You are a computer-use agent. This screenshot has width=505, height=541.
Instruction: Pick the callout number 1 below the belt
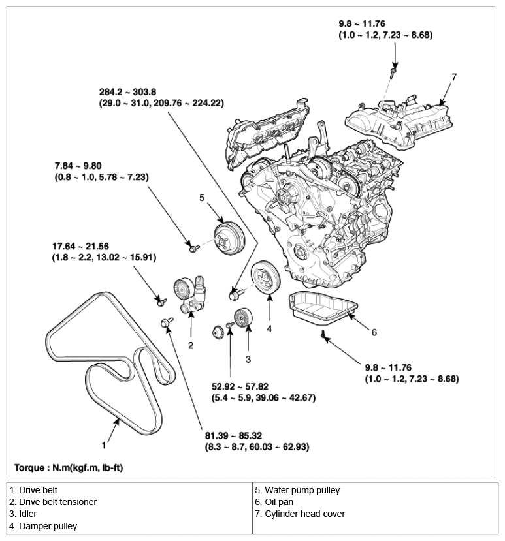(x=103, y=446)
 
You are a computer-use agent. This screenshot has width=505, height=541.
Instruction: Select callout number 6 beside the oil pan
(x=374, y=332)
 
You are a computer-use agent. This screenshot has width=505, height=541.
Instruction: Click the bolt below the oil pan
(x=323, y=335)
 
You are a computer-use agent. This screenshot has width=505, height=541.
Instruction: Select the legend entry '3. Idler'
(x=24, y=514)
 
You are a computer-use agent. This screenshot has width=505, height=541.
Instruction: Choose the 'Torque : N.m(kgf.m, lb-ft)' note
(x=67, y=468)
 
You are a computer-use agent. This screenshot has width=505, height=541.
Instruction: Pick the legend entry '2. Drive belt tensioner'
(x=53, y=502)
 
